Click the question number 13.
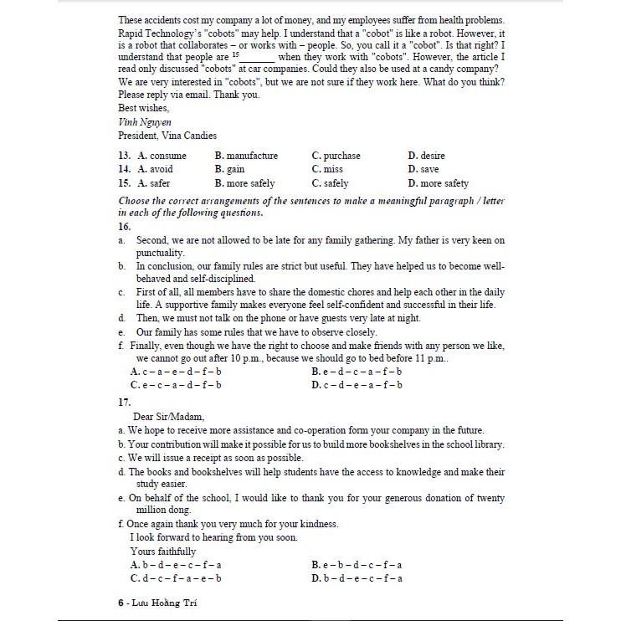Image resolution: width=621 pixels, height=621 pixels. click(125, 156)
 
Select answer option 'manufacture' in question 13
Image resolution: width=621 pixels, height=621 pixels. click(246, 156)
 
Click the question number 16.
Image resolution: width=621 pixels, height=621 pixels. click(125, 226)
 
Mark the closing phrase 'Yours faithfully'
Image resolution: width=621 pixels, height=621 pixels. click(163, 552)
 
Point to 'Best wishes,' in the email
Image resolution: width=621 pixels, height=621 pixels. click(144, 108)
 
